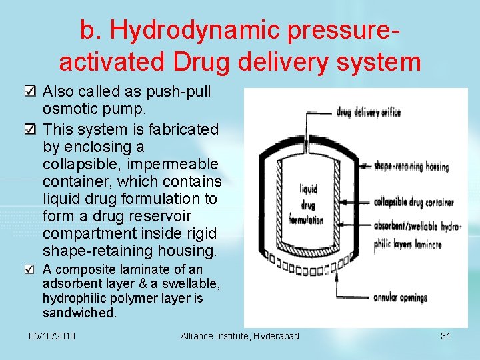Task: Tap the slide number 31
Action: tap(446, 336)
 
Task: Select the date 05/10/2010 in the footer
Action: tap(53, 336)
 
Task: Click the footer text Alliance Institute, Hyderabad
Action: tap(240, 336)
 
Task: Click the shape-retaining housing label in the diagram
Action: tap(411, 166)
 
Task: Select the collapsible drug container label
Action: tap(413, 202)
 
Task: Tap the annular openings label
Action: tap(400, 297)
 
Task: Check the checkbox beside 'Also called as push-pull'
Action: tap(31, 92)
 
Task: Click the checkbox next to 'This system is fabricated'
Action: tap(31, 129)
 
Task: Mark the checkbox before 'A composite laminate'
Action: tap(31, 270)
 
